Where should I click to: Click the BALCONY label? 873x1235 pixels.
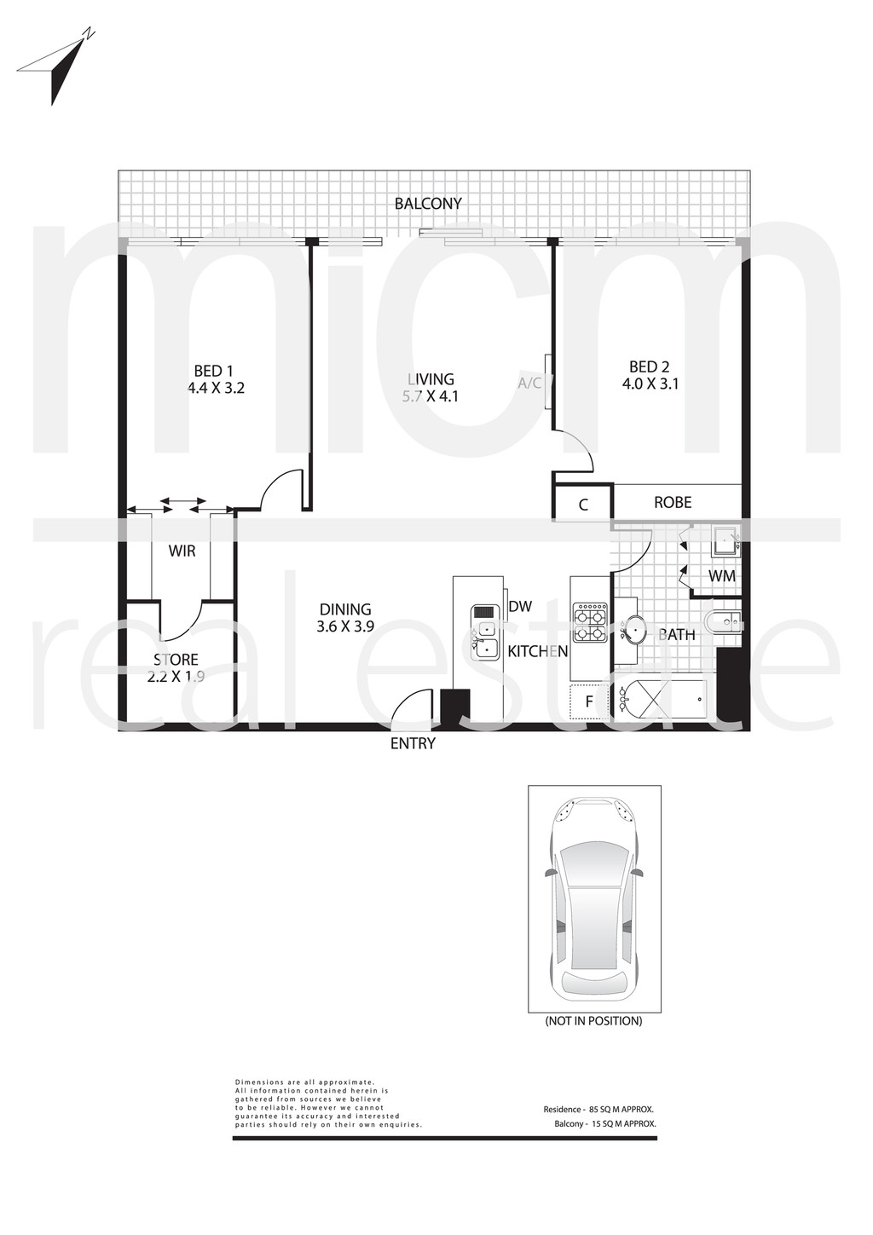click(427, 204)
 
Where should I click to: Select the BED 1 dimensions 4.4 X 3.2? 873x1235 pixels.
click(216, 388)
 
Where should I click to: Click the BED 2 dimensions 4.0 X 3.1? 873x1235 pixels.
click(650, 384)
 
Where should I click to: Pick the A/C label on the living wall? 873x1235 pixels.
click(529, 384)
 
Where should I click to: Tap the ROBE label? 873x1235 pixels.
click(673, 502)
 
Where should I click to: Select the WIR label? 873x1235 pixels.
click(182, 551)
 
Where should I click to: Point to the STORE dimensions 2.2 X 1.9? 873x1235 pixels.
click(176, 676)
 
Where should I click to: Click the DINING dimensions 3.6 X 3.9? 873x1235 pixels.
click(345, 626)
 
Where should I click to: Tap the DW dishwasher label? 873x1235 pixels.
click(520, 607)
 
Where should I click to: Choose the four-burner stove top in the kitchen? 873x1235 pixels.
click(591, 623)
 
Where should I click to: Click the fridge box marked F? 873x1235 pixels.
click(589, 701)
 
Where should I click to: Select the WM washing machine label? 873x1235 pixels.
click(722, 576)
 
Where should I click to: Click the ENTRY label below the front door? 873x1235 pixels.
click(413, 744)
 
